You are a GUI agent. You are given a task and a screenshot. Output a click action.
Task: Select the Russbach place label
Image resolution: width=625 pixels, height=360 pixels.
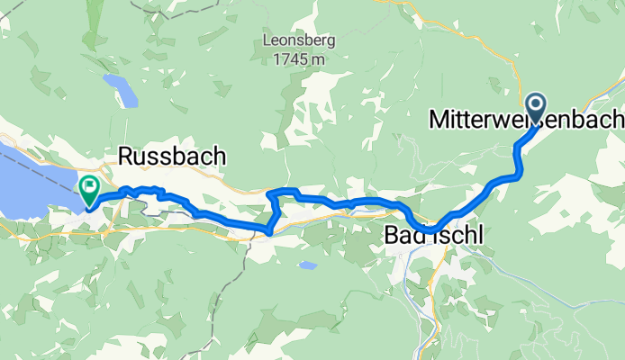tap(171, 157)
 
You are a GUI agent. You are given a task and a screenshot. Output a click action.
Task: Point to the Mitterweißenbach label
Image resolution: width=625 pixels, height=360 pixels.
tap(526, 119)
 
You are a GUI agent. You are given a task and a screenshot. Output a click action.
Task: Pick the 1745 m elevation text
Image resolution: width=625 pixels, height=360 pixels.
tap(294, 59)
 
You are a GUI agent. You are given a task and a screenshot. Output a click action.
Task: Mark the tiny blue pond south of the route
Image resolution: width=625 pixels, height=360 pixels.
tap(309, 265)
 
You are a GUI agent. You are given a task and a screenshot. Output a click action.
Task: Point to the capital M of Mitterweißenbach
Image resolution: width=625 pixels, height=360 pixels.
tap(439, 119)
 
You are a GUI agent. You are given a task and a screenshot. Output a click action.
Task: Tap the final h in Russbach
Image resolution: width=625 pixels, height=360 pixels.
tap(218, 157)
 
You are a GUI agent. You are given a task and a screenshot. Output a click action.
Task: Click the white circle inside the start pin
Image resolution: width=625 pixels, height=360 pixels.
tap(536, 104)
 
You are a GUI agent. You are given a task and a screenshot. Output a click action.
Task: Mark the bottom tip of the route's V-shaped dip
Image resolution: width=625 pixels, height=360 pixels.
tap(269, 233)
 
